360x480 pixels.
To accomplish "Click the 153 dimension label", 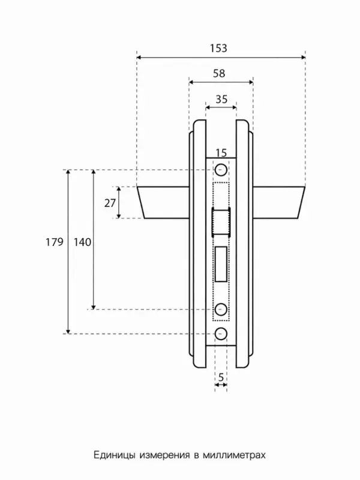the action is pos(218,49).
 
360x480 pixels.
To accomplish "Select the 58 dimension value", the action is pos(219,73).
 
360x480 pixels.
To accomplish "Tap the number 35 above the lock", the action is pos(221,99).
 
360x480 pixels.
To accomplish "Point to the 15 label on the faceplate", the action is pos(221,152).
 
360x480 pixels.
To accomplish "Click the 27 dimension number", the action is pos(110,203).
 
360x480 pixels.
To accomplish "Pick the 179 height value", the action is pos(55,242).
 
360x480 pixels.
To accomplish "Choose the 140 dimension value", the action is pos(82,242).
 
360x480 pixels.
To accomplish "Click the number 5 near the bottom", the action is pos(221,377).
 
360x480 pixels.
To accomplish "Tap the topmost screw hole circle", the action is pos(221,170).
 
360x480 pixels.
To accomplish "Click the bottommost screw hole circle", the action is pos(221,334).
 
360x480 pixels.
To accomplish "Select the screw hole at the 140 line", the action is pos(221,309).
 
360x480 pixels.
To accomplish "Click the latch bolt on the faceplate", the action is pos(221,221).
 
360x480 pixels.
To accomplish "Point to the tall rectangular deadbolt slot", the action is pos(221,264).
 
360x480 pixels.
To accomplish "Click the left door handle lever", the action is pos(163,202).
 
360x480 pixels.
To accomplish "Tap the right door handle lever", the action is pos(279,202).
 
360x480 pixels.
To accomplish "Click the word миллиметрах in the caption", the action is pos(234,455).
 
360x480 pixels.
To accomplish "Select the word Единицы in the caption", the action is pos(115,455).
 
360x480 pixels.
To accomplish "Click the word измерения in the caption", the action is pos(164,455).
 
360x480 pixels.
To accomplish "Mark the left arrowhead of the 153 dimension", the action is pos(139,57).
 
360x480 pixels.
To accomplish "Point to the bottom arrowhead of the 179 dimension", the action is pos(68,331).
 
